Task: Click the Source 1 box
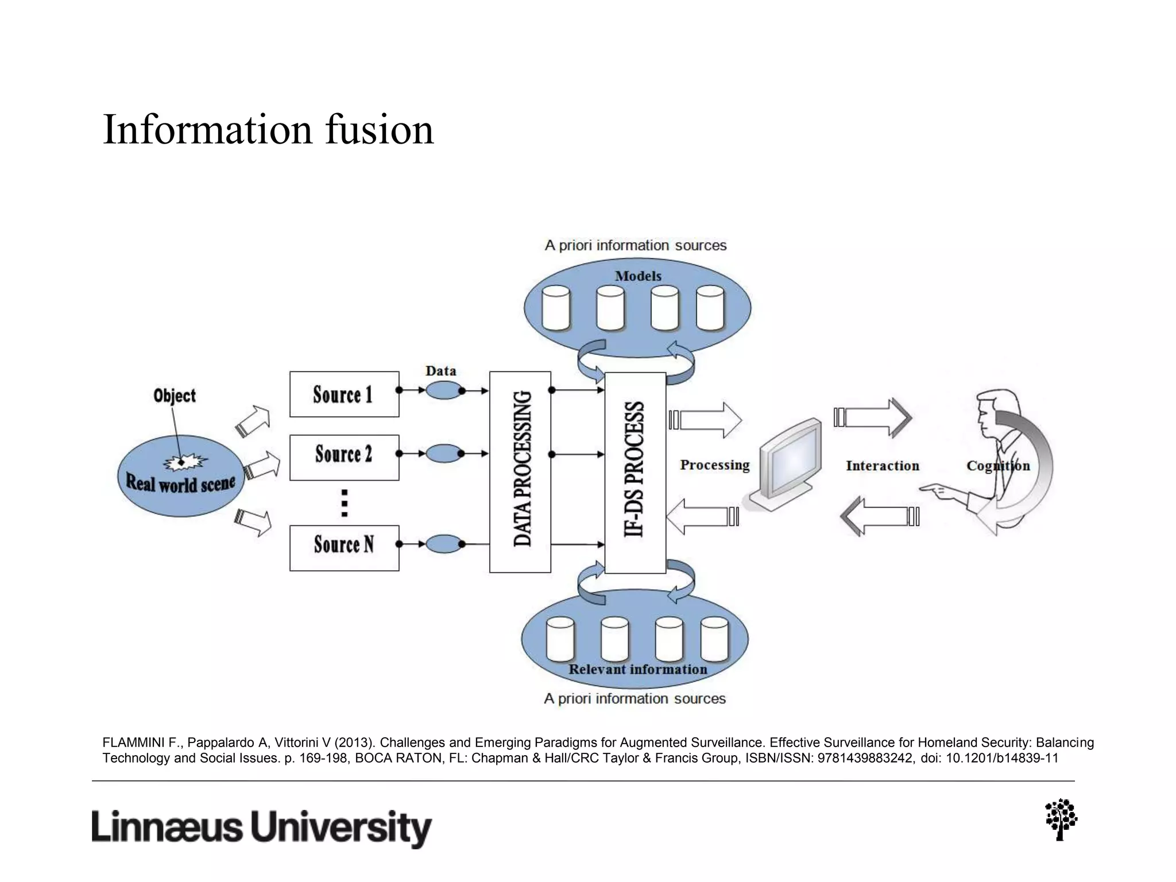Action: [344, 394]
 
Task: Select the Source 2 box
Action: [344, 457]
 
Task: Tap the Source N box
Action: [344, 547]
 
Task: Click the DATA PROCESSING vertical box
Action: [520, 471]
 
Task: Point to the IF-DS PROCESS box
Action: [635, 472]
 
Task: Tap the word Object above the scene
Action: [175, 396]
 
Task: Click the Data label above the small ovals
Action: [440, 371]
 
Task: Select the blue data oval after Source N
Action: [444, 544]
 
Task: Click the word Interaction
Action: [882, 466]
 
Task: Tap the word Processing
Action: [714, 465]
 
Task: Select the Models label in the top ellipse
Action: [638, 276]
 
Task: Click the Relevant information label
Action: [637, 670]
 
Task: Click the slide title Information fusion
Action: [268, 129]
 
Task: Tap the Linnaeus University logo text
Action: [261, 827]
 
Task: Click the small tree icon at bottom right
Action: [1061, 819]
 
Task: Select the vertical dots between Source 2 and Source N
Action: [345, 503]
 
